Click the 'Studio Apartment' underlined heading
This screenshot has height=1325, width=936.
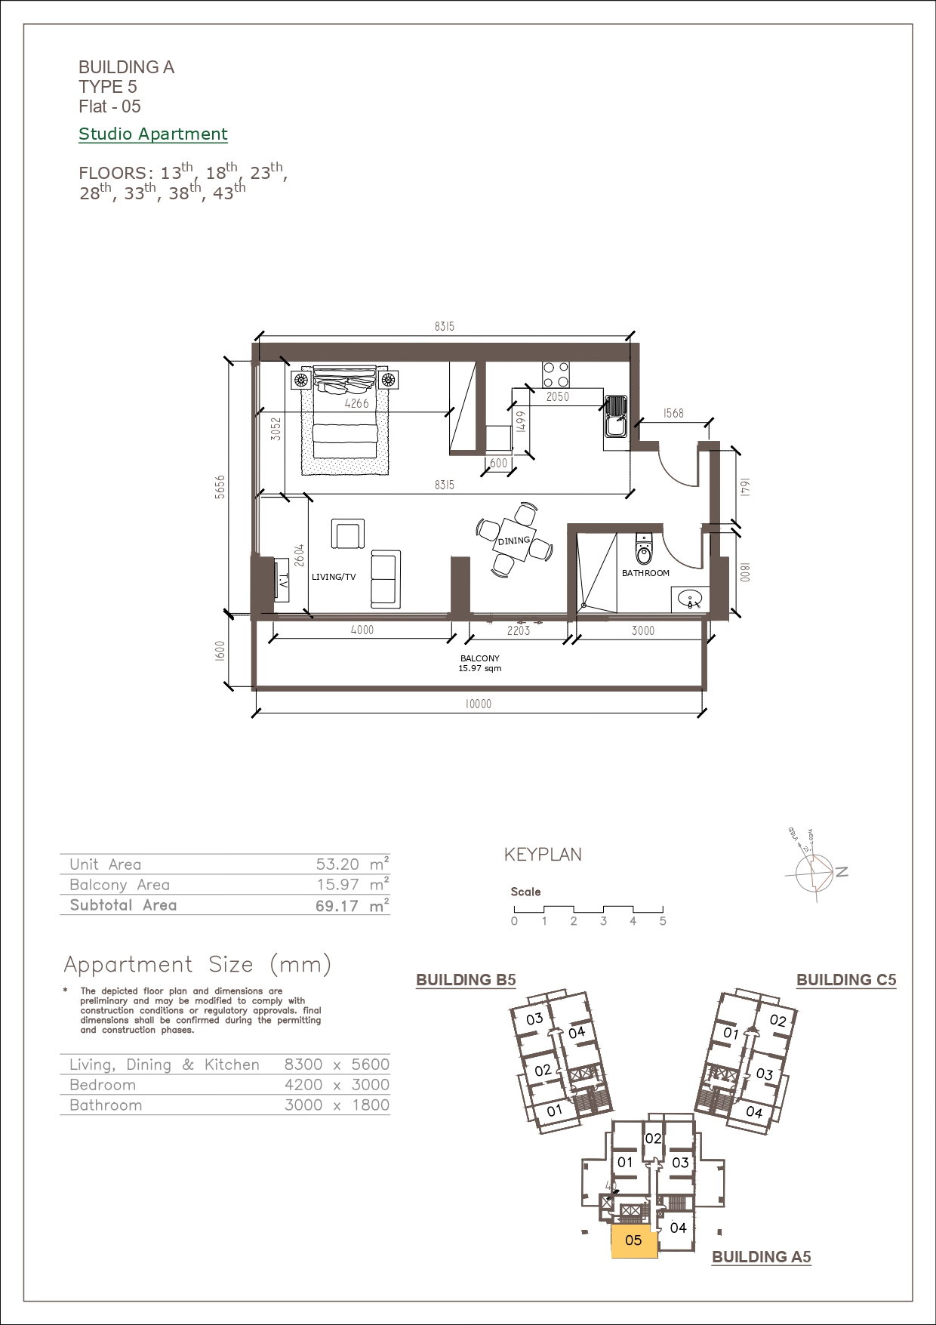(x=153, y=134)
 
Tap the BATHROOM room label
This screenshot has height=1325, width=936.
(x=645, y=573)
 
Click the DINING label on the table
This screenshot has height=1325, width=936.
(x=514, y=541)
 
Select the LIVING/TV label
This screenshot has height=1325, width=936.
(x=334, y=577)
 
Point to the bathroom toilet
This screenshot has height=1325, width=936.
(x=643, y=550)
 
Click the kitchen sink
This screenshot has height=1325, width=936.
(x=616, y=416)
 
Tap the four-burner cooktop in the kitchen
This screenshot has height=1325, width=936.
(x=556, y=375)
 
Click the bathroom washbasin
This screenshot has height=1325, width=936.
(x=690, y=600)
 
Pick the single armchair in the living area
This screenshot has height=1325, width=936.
(x=348, y=534)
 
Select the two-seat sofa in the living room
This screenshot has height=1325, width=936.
(x=385, y=579)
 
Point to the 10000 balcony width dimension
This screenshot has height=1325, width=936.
(x=478, y=704)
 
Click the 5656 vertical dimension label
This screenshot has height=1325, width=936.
(x=220, y=487)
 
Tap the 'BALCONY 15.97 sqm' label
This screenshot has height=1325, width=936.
(x=480, y=663)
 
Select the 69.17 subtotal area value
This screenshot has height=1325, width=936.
(x=337, y=906)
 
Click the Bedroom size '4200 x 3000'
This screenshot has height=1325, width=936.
(x=337, y=1085)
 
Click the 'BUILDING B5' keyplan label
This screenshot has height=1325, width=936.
(x=466, y=980)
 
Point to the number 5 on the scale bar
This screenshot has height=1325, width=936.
(x=663, y=921)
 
